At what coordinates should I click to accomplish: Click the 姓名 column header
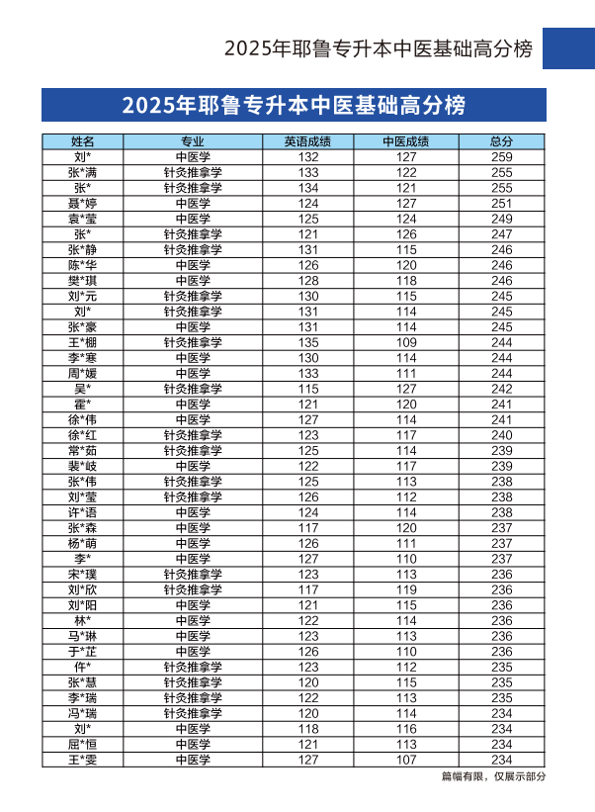tap(82, 141)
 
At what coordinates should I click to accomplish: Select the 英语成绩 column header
tap(307, 141)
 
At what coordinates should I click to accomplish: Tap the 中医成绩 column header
tap(406, 141)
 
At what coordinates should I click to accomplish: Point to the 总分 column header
tap(502, 141)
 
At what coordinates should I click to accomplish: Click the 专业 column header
tap(193, 141)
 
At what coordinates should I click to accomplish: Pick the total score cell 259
tap(502, 157)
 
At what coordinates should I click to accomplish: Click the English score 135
tap(308, 342)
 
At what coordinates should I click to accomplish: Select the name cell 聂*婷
tap(82, 204)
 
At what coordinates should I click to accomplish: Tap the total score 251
tap(502, 204)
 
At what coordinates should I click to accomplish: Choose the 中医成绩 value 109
tap(407, 342)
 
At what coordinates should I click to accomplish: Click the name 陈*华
tap(82, 265)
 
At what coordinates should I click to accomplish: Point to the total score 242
tap(502, 389)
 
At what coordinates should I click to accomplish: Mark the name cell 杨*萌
tap(82, 543)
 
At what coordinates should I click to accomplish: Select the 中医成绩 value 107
tap(407, 760)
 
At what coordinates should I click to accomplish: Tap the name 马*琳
tap(82, 636)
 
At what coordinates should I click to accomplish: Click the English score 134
tap(308, 188)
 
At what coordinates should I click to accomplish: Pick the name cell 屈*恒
tap(82, 744)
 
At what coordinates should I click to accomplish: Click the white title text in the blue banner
tap(294, 105)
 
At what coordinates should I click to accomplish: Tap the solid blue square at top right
tap(569, 47)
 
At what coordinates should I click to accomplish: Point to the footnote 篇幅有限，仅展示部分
tap(493, 776)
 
